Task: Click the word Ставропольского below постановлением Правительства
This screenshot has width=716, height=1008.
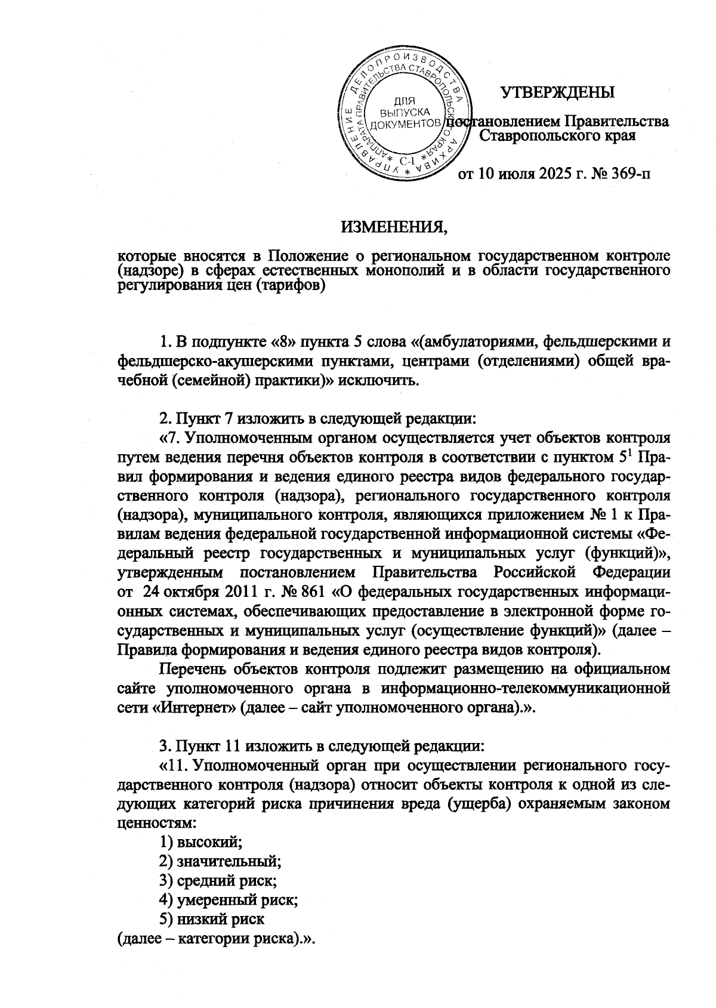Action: (540, 136)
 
